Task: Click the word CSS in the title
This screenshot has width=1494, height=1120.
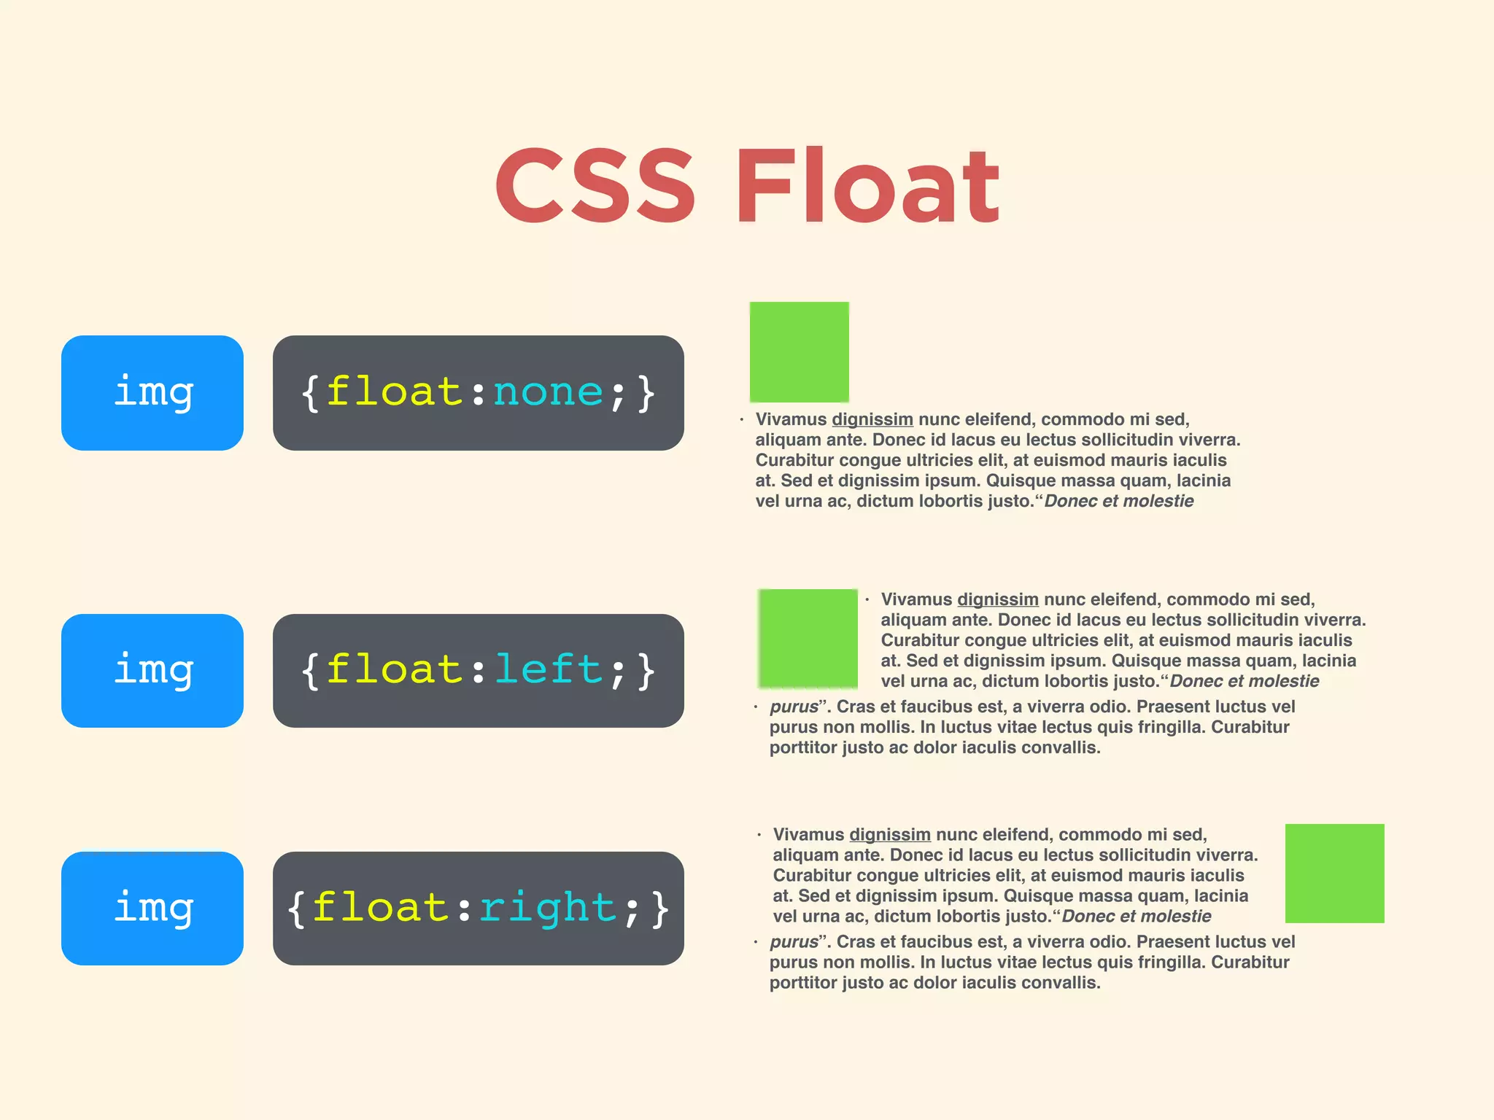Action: (595, 185)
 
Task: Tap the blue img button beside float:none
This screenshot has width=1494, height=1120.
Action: (152, 392)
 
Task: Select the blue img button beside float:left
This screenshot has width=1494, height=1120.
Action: (152, 670)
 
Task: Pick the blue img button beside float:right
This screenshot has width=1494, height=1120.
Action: (152, 908)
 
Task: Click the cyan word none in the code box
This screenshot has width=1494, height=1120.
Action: (548, 392)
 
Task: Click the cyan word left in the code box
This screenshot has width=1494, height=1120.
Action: (549, 669)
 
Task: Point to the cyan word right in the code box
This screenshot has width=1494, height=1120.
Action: (548, 908)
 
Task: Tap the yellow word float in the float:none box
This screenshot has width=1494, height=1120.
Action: (394, 392)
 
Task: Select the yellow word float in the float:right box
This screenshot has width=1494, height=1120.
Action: (380, 908)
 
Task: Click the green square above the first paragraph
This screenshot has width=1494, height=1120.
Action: (800, 351)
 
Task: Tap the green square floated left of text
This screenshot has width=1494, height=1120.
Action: (808, 638)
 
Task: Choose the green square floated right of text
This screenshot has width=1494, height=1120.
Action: (1334, 873)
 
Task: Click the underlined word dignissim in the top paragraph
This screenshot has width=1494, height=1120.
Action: (872, 419)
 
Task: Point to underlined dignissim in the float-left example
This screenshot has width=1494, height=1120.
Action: (997, 599)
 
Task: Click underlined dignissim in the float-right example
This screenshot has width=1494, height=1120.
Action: (890, 834)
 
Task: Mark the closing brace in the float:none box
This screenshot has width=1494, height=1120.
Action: (646, 394)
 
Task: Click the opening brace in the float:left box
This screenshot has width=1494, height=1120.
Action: (310, 671)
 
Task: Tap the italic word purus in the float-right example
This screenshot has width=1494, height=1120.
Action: (794, 942)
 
